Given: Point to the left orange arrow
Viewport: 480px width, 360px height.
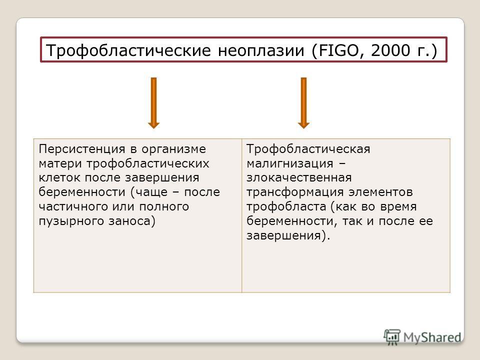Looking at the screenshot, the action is point(153,103).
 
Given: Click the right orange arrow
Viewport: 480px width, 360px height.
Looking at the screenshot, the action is point(303,103).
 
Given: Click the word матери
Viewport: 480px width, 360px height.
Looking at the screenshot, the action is point(60,164).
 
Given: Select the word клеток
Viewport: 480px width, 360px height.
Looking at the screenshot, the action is point(60,178).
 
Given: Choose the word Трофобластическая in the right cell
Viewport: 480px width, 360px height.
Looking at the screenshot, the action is point(308,149).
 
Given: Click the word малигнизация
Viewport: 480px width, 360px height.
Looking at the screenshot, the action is point(290,164).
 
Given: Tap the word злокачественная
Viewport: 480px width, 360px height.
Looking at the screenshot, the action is point(299,178).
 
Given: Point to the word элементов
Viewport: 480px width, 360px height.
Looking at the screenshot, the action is point(380,192).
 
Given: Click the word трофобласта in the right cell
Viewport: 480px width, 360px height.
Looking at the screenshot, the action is point(286,207).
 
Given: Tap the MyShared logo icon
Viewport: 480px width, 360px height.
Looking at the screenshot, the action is point(392,337).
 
